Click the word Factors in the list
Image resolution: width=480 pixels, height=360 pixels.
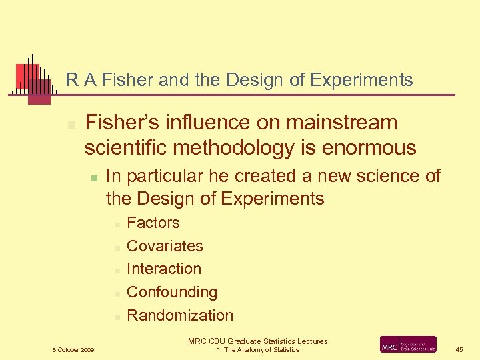(153, 223)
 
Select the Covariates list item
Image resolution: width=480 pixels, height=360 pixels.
(165, 246)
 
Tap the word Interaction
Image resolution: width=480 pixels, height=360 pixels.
(163, 269)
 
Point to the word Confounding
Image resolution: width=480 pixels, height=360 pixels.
(171, 292)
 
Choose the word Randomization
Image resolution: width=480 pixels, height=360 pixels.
(180, 315)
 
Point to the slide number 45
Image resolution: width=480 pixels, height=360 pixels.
(460, 349)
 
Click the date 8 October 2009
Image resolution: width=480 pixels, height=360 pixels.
(73, 349)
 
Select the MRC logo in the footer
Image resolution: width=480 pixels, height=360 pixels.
(408, 345)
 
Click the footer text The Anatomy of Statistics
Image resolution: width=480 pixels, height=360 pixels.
(261, 350)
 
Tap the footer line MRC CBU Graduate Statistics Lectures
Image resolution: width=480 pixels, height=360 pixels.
(257, 341)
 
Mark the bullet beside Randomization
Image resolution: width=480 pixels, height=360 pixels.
(116, 317)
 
